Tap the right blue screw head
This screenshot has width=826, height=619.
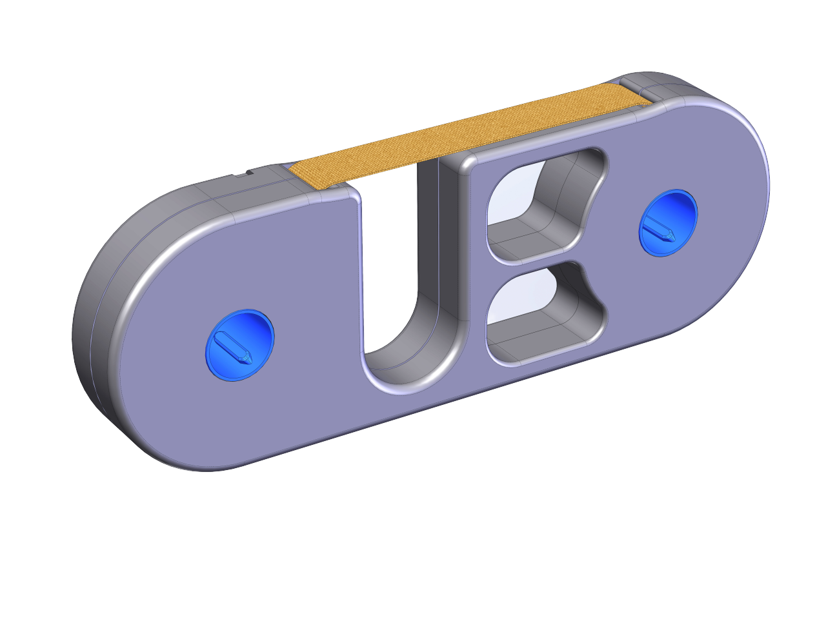point(669,223)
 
